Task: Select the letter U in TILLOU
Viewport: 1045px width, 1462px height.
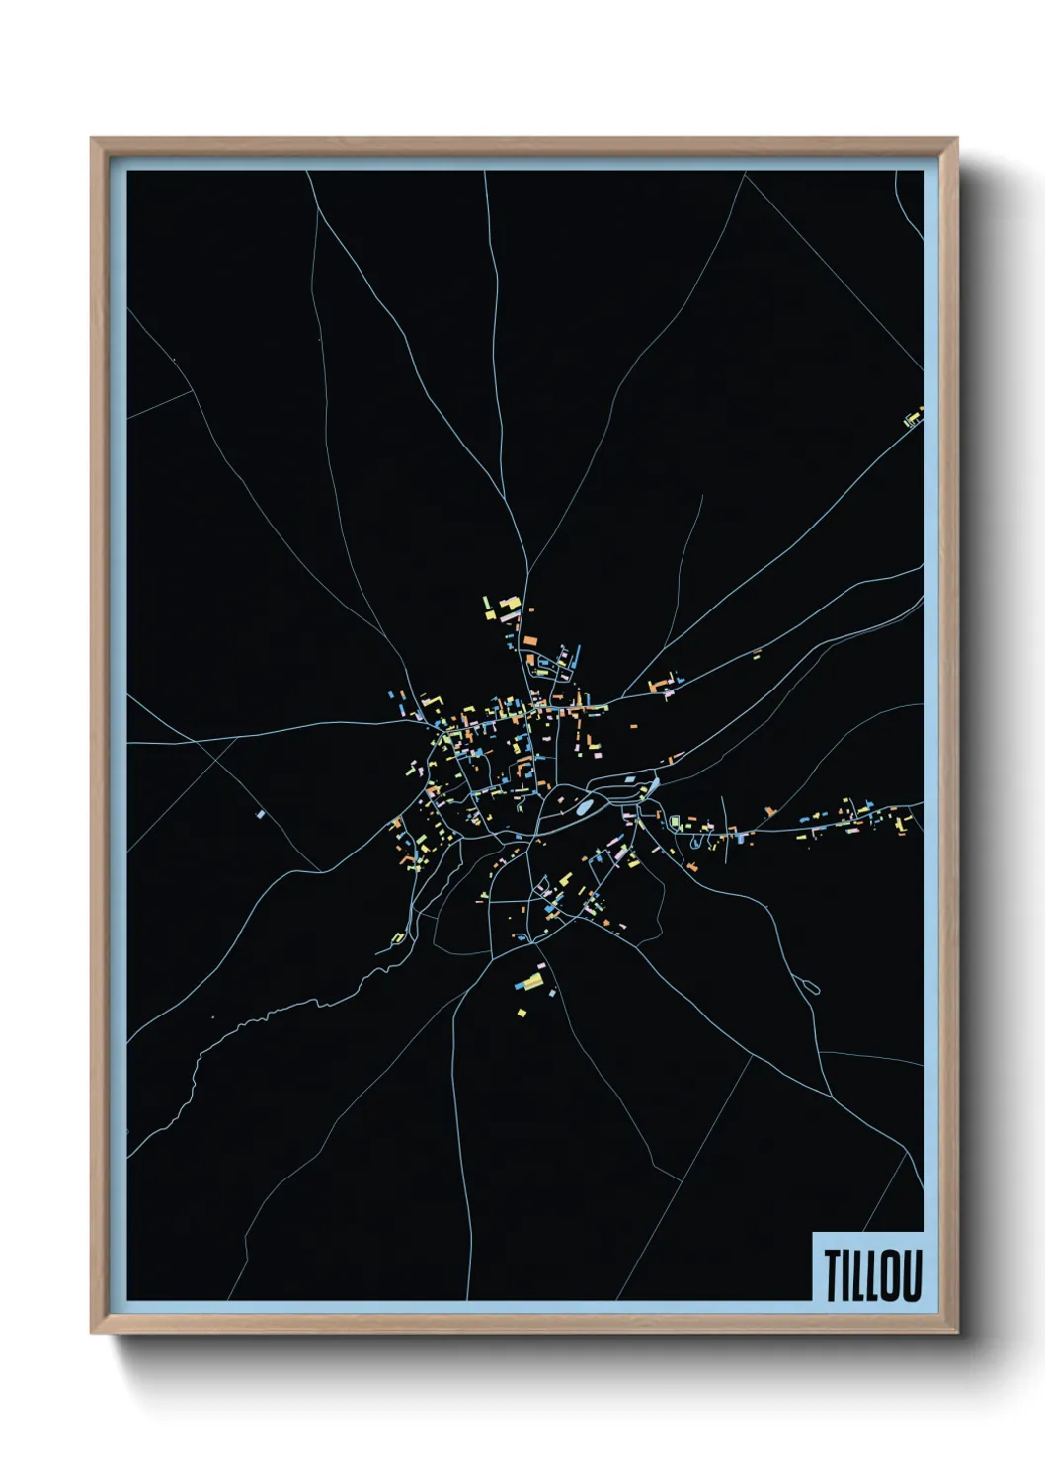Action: click(912, 1275)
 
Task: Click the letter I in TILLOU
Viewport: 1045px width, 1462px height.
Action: click(846, 1275)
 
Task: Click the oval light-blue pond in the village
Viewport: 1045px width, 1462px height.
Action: click(584, 808)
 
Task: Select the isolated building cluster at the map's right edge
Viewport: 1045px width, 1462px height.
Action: click(913, 419)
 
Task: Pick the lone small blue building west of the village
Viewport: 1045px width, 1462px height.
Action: click(260, 815)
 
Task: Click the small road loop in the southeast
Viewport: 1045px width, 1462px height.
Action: click(812, 985)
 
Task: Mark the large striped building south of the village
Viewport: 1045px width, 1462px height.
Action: click(530, 981)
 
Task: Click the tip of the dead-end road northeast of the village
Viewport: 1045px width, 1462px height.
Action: click(702, 496)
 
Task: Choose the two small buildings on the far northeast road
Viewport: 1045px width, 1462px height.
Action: click(757, 653)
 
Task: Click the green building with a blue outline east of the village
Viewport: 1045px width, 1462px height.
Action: click(677, 822)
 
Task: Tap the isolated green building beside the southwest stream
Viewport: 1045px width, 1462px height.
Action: click(397, 937)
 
